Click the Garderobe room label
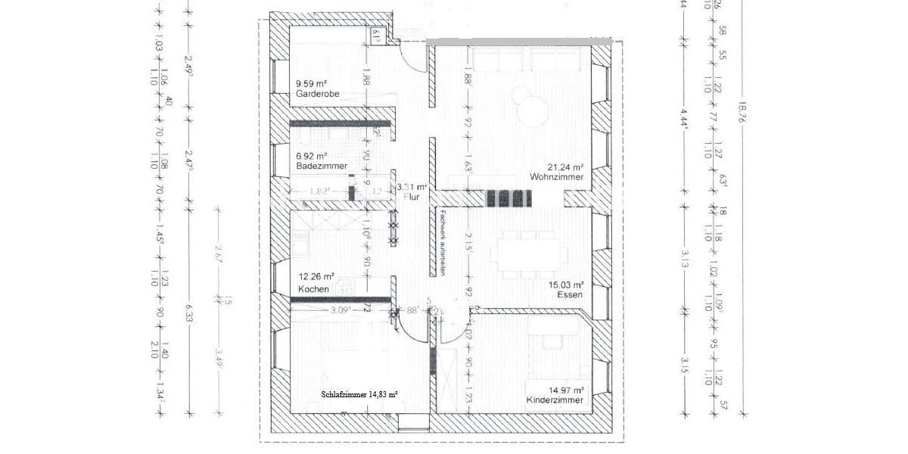click(318, 94)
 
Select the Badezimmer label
click(322, 165)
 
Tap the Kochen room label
click(313, 290)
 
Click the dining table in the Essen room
click(528, 253)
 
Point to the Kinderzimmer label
click(555, 400)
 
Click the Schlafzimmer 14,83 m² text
click(359, 394)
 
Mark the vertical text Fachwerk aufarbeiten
click(437, 243)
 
